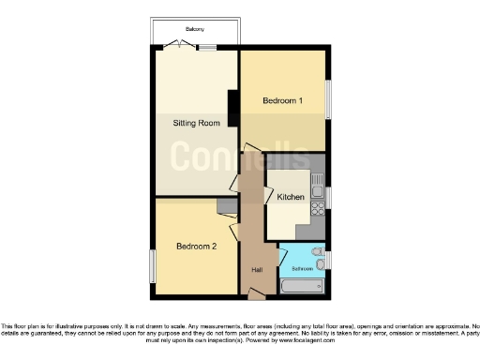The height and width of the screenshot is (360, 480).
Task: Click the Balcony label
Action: (x=194, y=29)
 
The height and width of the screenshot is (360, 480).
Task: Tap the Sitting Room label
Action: (x=196, y=123)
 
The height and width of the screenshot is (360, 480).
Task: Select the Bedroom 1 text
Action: (x=281, y=100)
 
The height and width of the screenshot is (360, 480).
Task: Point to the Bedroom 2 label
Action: (x=196, y=246)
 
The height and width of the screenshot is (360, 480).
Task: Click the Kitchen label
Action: (x=289, y=197)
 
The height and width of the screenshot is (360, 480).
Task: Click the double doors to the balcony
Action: (x=173, y=46)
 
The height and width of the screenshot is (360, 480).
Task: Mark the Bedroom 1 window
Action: (x=328, y=98)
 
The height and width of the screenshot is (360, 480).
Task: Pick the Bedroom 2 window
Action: (x=152, y=265)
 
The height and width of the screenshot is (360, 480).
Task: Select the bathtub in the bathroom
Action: (x=302, y=285)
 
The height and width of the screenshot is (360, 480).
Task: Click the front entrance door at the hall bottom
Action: (x=254, y=295)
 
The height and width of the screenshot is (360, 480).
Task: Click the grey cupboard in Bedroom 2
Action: (x=226, y=205)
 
